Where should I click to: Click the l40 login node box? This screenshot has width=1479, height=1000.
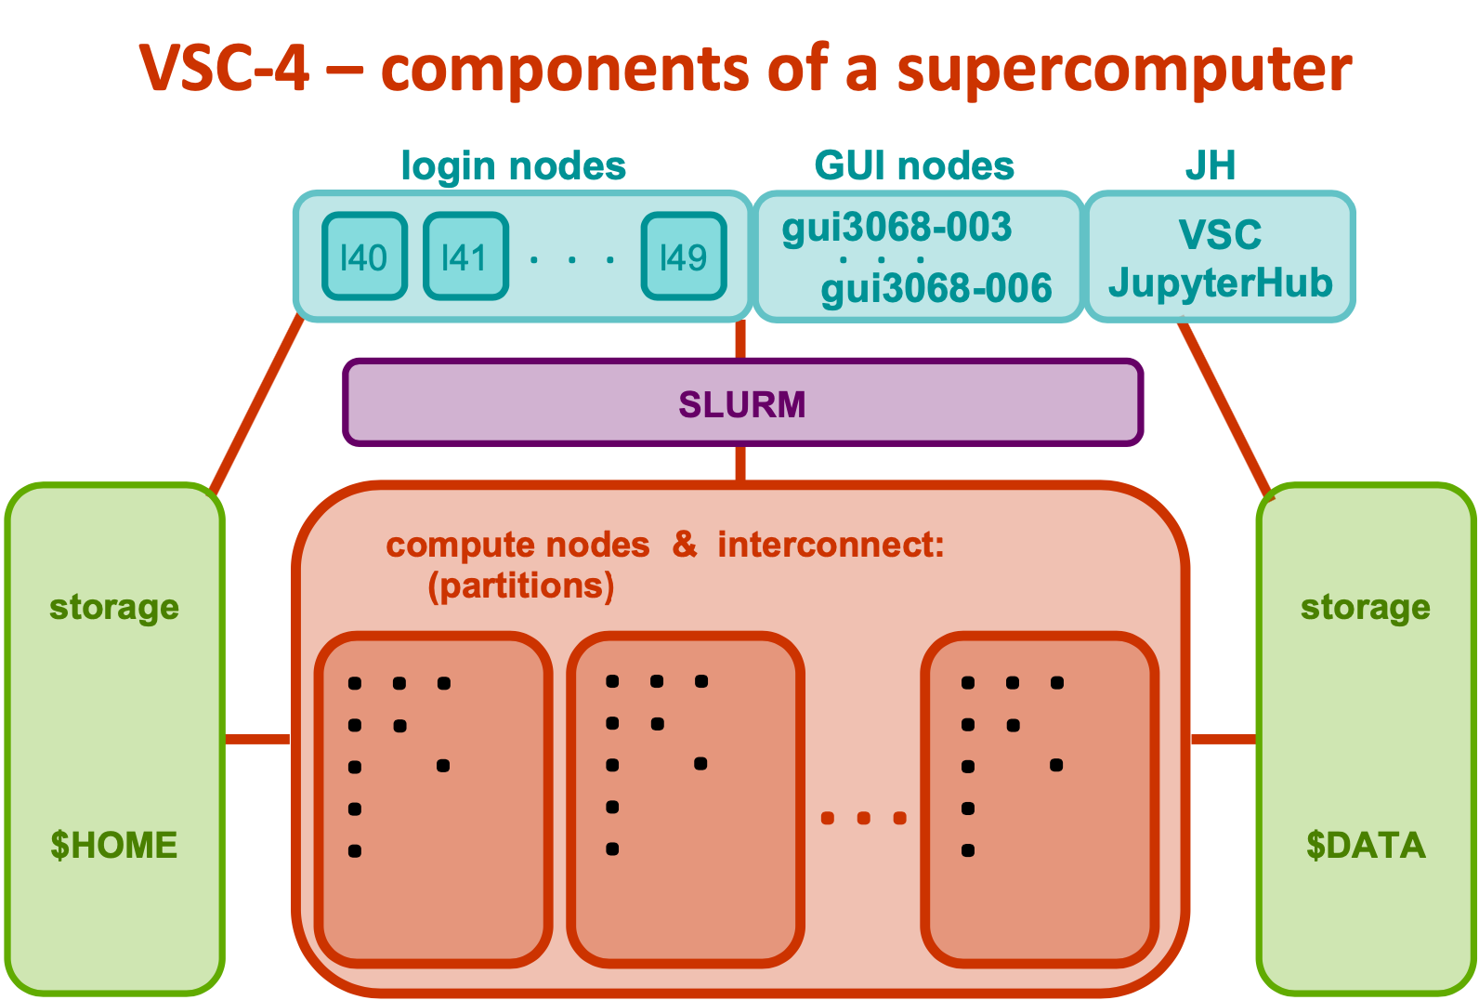(364, 257)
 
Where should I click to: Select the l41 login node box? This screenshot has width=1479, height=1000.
(465, 257)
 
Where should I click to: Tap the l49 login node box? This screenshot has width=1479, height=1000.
(684, 257)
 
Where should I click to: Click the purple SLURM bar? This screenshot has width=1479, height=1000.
(741, 403)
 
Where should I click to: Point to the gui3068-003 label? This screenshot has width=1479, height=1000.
(897, 227)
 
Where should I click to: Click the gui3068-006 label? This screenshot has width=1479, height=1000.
(936, 288)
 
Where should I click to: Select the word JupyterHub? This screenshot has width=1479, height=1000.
(1220, 283)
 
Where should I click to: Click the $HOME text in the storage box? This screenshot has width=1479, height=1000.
(113, 845)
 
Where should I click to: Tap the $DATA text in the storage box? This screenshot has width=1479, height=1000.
(1365, 845)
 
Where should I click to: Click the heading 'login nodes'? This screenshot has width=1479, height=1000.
(513, 166)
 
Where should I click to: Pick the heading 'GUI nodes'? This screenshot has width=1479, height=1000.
(914, 166)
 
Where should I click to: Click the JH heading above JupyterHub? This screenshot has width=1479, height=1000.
(1210, 166)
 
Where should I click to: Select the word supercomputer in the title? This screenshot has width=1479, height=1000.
(1123, 69)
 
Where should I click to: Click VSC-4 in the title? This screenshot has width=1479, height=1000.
(224, 69)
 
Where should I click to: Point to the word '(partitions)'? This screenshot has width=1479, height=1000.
(520, 586)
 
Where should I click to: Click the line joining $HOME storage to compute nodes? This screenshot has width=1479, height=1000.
(257, 739)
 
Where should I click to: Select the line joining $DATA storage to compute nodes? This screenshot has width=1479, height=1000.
(1224, 739)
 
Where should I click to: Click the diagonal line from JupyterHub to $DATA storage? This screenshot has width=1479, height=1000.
(1224, 405)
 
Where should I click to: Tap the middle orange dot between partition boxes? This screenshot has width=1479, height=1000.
(863, 818)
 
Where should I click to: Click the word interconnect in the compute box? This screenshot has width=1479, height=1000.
(830, 545)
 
